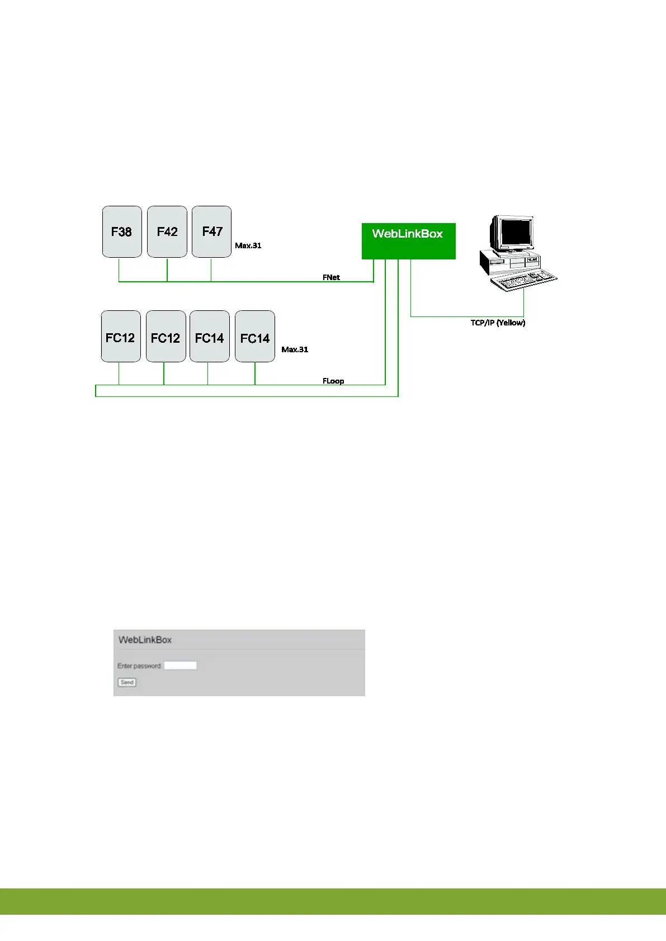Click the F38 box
point(122,231)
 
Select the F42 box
point(167,231)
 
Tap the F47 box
point(211,231)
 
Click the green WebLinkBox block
point(408,241)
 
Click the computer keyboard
point(523,280)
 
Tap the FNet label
point(331,277)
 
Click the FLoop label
point(333,381)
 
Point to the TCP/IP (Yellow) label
point(498,323)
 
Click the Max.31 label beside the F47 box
point(248,245)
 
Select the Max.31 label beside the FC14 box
point(295,349)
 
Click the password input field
point(180,665)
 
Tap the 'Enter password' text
point(139,666)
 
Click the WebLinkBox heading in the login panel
point(145,640)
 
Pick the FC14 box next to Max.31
point(255,337)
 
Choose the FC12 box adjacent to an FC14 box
point(166,337)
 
